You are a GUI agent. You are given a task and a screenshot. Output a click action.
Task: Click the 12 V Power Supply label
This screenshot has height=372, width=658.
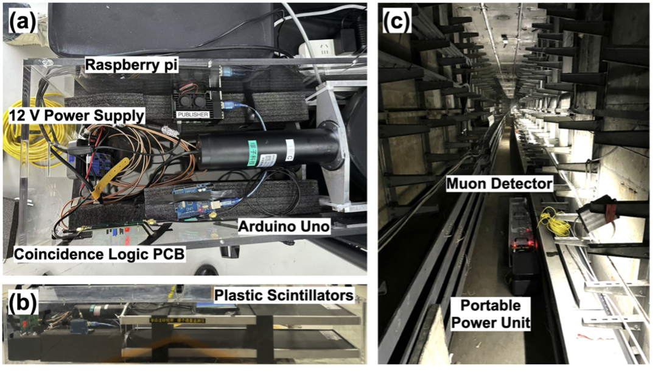tap(76, 114)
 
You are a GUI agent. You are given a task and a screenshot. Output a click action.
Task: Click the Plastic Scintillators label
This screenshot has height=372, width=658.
tap(284, 295)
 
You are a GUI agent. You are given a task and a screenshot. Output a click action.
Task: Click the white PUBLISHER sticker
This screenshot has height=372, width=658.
tap(192, 114)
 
